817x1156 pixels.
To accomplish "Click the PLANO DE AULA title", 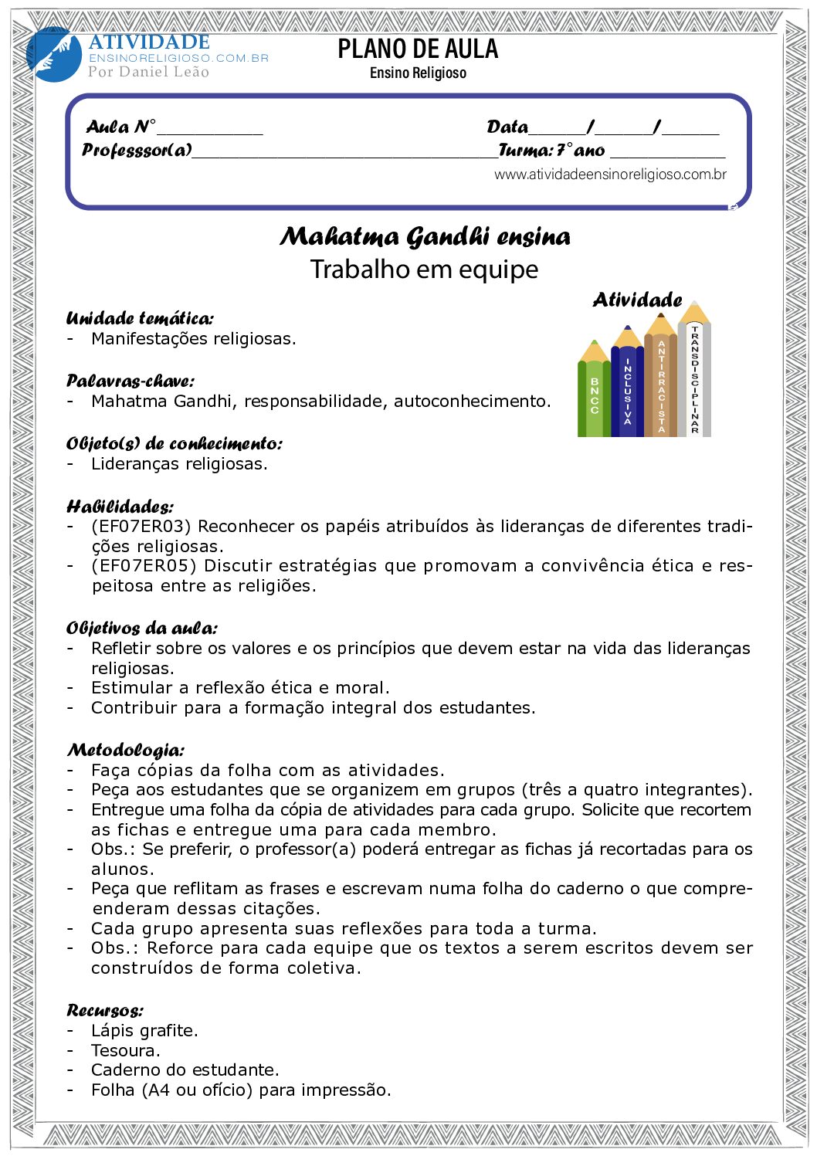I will coord(418,49).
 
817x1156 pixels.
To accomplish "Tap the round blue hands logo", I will coord(53,55).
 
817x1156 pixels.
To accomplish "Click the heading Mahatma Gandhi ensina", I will coord(425,236).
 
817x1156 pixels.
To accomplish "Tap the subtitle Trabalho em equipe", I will coord(424,270).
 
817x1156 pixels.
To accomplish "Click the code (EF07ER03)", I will coord(144,527).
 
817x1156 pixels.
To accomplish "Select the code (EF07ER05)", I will coord(144,566).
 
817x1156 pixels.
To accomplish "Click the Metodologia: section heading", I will coord(126,750).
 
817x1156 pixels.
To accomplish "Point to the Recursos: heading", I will coord(105,1010).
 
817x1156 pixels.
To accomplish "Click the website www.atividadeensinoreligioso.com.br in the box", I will coord(610,175).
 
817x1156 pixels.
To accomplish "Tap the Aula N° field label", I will coord(120,127).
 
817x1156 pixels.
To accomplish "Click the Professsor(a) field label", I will coord(137,150).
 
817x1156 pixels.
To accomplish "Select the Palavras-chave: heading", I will coord(131,381).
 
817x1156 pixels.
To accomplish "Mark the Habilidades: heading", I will coord(120,507).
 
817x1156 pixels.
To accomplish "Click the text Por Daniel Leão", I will coord(148,72).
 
